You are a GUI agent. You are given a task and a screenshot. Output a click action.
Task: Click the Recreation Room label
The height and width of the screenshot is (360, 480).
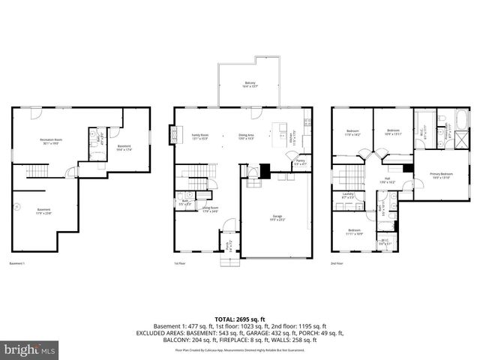[51, 141]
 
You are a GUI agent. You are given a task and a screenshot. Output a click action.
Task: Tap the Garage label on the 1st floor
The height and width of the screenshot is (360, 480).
[277, 218]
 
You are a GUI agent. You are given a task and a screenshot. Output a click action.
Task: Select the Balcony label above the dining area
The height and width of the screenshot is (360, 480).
[250, 85]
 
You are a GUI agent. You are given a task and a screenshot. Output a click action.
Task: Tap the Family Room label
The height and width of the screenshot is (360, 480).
[199, 136]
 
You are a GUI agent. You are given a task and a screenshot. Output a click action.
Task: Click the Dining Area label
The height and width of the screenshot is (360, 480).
[247, 136]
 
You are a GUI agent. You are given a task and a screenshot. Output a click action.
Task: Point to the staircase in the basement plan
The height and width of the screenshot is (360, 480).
[37, 172]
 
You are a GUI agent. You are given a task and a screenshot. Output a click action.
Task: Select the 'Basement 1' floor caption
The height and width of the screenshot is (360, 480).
[17, 264]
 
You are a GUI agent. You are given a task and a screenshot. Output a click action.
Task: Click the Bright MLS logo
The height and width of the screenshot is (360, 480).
[30, 349]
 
